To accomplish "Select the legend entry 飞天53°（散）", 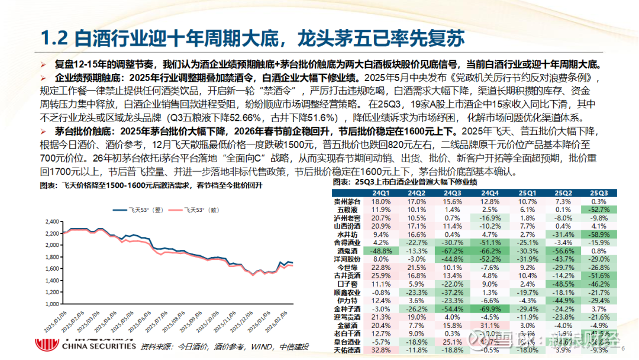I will [x=201, y=209].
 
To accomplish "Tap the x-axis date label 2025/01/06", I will [x=59, y=324].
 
